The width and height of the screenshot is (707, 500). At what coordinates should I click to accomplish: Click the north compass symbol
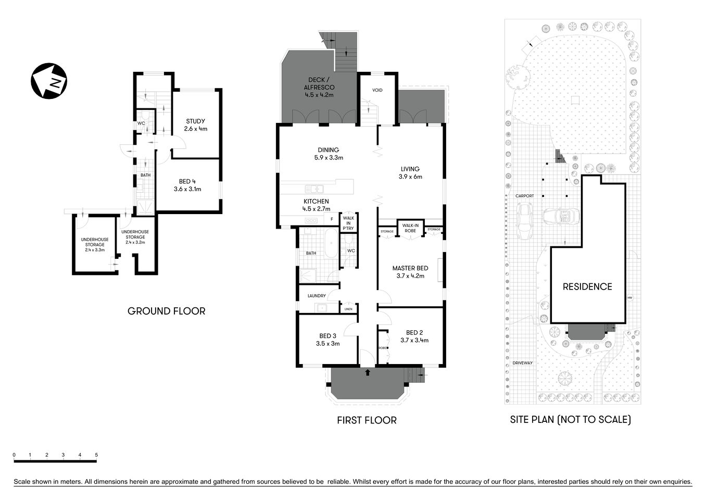(x=48, y=81)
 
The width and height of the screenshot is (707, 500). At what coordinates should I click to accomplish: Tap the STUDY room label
(x=196, y=125)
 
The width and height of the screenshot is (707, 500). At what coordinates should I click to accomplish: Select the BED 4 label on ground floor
(x=187, y=185)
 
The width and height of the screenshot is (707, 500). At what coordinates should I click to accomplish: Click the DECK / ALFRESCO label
(x=319, y=87)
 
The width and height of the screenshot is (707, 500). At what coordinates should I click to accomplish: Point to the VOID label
(x=377, y=91)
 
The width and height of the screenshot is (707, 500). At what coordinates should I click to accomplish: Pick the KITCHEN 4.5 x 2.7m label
(x=317, y=205)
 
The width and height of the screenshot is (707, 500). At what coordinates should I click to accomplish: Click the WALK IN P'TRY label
(x=348, y=223)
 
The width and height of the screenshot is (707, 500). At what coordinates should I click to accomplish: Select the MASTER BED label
(x=410, y=272)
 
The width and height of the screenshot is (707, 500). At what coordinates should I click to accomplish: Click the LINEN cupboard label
(x=348, y=309)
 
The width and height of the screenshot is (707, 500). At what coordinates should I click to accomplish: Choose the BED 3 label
(x=328, y=340)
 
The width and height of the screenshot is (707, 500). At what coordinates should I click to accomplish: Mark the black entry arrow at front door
(x=368, y=372)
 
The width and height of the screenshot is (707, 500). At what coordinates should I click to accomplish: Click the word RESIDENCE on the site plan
(x=587, y=286)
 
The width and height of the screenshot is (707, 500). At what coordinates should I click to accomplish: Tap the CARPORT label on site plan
(x=524, y=196)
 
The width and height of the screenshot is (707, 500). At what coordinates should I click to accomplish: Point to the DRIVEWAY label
(x=522, y=363)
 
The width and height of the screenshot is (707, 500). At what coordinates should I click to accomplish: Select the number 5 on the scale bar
(x=96, y=455)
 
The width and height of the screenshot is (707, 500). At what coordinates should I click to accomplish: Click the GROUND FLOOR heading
(x=167, y=311)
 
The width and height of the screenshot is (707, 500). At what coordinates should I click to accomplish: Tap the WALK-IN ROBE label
(x=410, y=228)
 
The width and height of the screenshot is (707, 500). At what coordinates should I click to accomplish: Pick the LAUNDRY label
(x=317, y=296)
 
